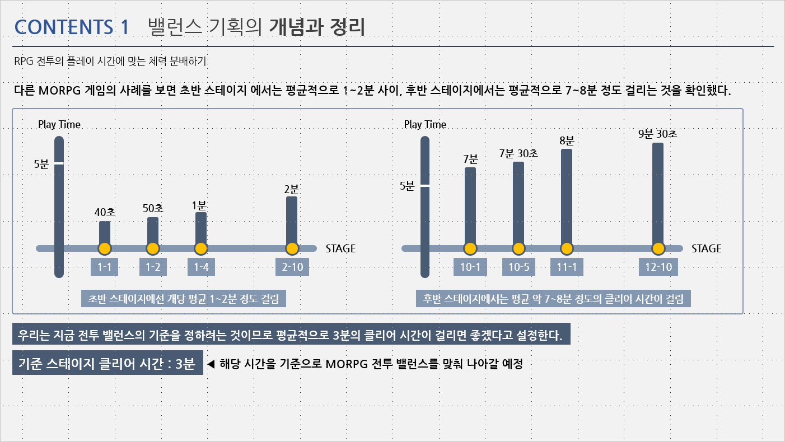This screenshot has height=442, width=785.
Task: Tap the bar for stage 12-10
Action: click(658, 193)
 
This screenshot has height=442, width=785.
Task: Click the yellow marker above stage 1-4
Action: click(201, 248)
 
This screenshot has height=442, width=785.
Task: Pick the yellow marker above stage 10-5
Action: click(518, 248)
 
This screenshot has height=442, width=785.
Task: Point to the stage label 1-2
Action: click(153, 267)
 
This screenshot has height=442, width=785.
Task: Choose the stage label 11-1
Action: click(567, 267)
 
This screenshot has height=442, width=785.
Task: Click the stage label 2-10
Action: click(292, 267)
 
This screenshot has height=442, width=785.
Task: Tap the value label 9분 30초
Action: click(658, 134)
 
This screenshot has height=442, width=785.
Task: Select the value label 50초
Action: click(153, 208)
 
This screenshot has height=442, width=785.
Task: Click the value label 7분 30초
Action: click(518, 153)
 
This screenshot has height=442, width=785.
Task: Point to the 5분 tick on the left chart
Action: click(59, 164)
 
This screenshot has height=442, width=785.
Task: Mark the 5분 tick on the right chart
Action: click(424, 185)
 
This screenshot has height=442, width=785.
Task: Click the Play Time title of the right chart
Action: click(425, 124)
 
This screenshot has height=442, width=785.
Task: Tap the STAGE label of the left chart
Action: click(340, 248)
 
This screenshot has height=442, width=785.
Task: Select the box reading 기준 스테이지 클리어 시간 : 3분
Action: click(108, 364)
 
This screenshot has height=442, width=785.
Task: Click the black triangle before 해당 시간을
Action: click(211, 364)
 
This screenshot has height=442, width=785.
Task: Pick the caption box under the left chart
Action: click(184, 299)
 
